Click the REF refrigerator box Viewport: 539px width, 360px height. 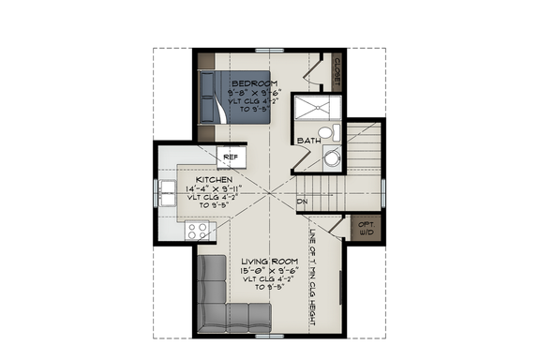tap(231, 157)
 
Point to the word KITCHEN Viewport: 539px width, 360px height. tap(215, 178)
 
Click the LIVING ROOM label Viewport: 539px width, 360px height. tap(270, 261)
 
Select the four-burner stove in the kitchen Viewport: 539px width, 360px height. tap(198, 230)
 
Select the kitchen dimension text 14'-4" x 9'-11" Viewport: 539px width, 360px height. tap(215, 187)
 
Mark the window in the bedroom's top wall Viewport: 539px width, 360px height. tap(270, 49)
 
